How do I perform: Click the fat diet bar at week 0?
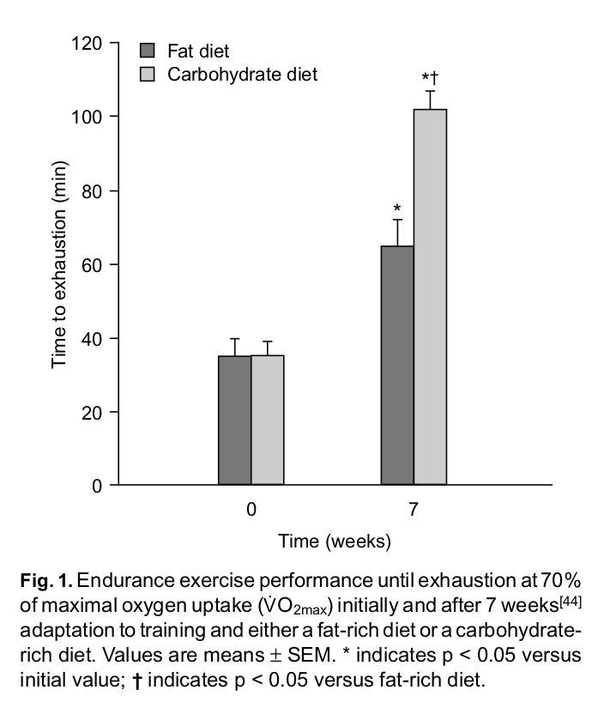[234, 421]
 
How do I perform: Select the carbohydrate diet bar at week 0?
[267, 421]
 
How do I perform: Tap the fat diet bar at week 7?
[397, 365]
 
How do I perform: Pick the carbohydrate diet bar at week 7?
[430, 296]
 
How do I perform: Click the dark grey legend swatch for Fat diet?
[148, 51]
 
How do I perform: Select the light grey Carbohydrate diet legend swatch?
[148, 75]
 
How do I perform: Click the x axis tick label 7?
[414, 510]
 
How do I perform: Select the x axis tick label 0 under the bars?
[251, 510]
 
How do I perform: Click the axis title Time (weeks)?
[334, 542]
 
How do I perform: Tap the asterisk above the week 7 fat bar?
[397, 209]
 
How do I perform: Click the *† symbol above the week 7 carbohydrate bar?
[430, 81]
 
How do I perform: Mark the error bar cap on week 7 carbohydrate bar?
[430, 91]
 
